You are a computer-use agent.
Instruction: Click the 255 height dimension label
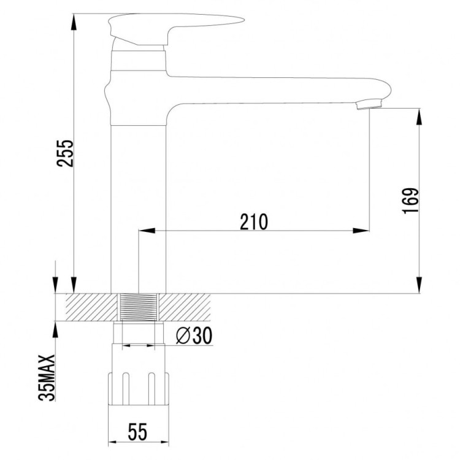66,153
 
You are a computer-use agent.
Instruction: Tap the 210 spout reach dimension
254,221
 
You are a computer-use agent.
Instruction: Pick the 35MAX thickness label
47,378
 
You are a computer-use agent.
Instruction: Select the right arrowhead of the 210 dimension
364,231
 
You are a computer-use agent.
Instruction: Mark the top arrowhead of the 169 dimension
420,115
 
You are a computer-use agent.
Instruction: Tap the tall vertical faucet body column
138,202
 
